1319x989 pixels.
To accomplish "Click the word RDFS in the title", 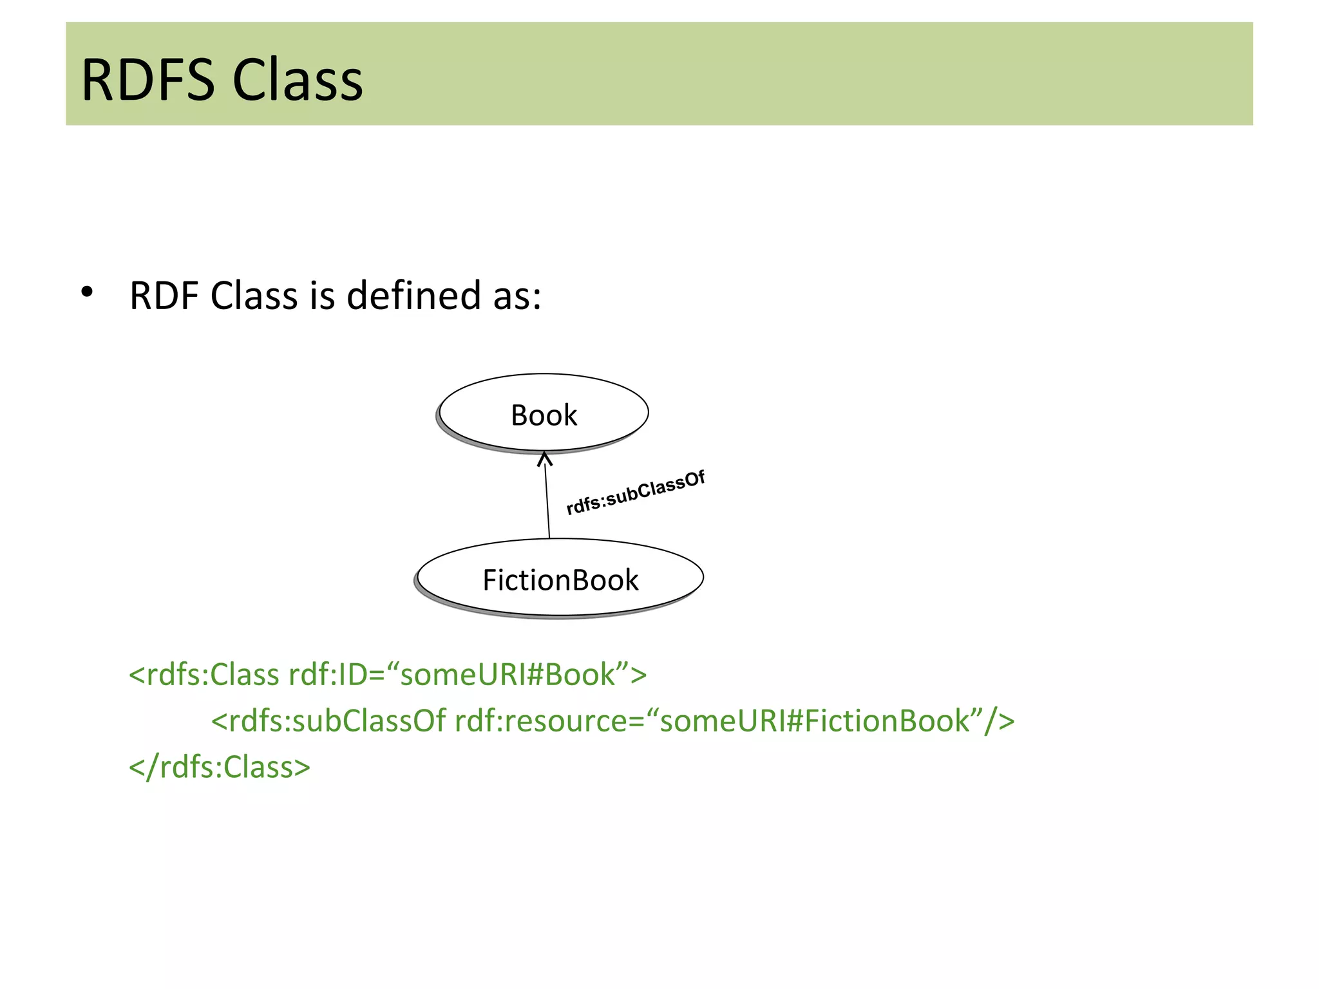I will click(147, 80).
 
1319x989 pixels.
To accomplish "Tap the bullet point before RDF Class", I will click(87, 293).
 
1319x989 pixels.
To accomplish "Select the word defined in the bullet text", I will click(414, 296).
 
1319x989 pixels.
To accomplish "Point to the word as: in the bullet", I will click(517, 297).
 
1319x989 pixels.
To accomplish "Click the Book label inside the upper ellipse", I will click(544, 415).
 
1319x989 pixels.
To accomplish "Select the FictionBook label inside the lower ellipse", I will click(560, 580).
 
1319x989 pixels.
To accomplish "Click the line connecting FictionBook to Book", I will click(547, 502).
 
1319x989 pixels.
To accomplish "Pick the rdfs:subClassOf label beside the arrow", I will click(635, 493).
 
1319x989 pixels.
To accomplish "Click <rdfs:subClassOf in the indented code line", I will click(328, 721).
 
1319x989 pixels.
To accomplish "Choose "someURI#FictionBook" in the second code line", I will click(814, 721).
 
